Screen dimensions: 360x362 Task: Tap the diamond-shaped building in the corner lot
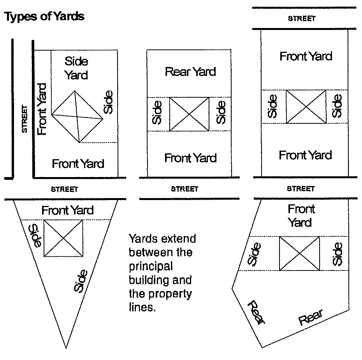(77, 116)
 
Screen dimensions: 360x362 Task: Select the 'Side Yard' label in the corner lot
(76, 68)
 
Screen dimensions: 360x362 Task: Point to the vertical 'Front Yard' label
(42, 109)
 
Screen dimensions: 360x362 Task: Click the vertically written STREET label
(25, 119)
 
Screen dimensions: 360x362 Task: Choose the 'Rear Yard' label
(190, 72)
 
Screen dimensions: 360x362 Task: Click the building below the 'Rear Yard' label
(190, 114)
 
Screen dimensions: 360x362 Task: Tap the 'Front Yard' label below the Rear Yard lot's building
(190, 158)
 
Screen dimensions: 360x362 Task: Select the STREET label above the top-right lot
(301, 18)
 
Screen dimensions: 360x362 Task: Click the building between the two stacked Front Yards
(306, 106)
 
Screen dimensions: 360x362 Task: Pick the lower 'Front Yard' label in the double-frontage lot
(305, 155)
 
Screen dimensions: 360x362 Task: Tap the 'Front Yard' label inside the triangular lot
(68, 211)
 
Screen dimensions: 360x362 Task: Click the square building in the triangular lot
(63, 238)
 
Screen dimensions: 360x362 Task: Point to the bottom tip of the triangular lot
(66, 347)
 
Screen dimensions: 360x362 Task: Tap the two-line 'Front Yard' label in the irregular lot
(300, 216)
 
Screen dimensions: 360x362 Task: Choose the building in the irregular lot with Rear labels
(299, 253)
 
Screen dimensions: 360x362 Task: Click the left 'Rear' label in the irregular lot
(257, 312)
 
